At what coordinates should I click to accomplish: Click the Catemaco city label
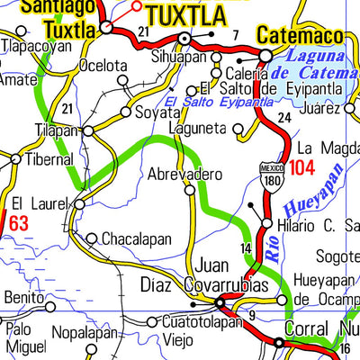click(301, 36)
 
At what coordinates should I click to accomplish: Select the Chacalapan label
click(135, 239)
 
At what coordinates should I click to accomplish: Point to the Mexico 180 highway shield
click(273, 175)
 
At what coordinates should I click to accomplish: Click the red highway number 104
click(302, 167)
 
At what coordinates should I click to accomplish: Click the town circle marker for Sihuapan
click(185, 39)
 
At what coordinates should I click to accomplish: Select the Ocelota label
click(103, 66)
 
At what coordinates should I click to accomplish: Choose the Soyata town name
click(157, 113)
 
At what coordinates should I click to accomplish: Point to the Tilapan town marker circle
click(87, 130)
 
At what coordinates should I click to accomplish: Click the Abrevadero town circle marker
click(190, 190)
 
